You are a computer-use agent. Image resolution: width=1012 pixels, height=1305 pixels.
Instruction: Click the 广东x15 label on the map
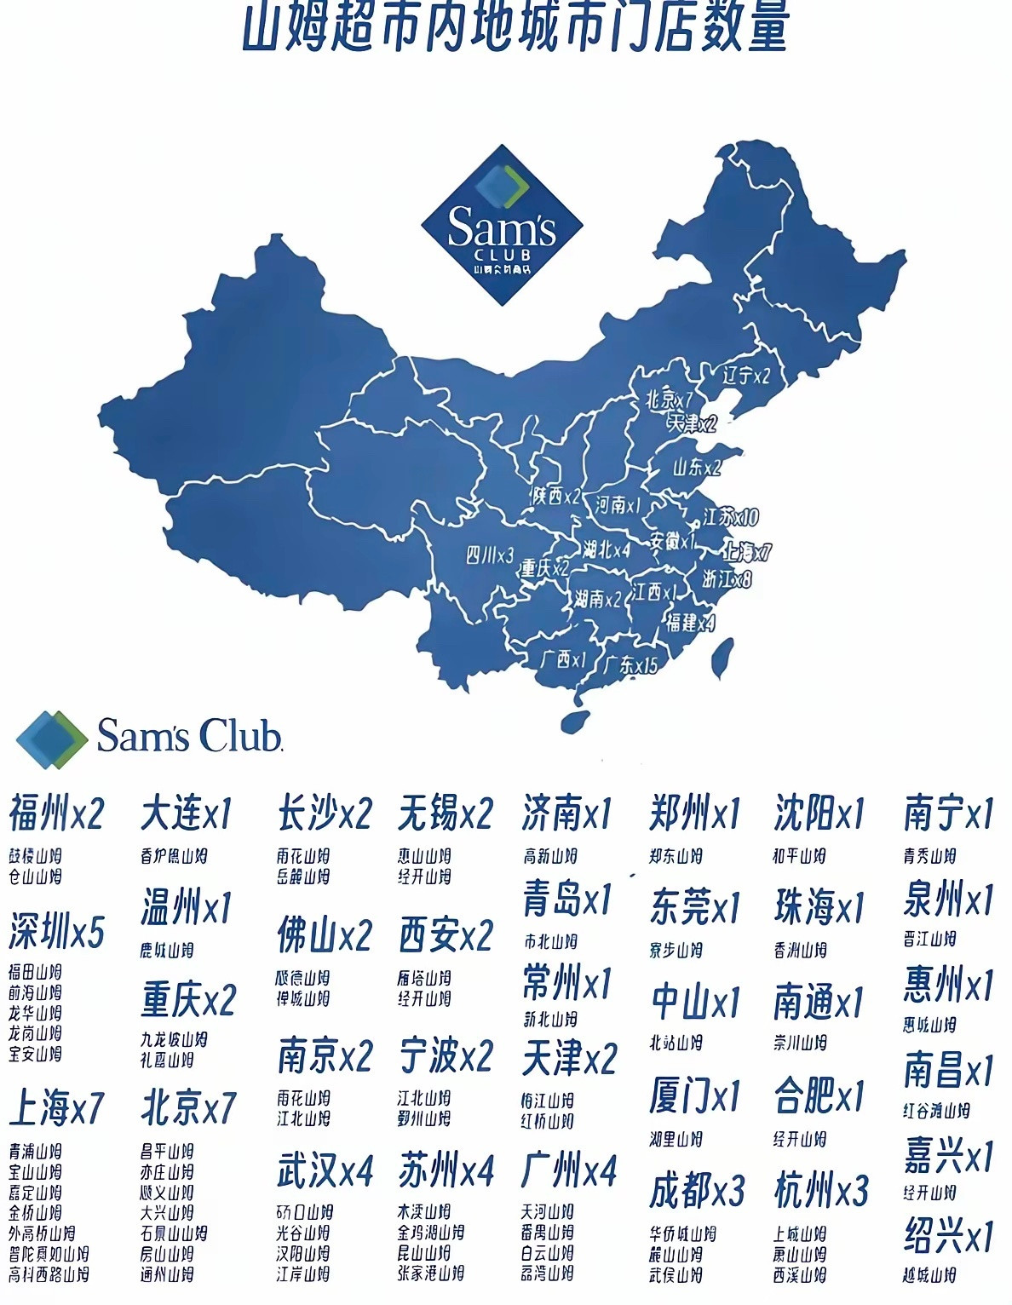(630, 664)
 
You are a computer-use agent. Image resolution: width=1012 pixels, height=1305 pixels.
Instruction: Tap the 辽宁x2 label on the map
(746, 375)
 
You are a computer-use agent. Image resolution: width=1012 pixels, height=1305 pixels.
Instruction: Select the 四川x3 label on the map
(490, 555)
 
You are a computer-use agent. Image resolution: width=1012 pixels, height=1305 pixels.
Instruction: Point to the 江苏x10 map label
(731, 516)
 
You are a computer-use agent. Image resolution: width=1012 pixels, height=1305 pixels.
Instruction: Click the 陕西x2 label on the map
(555, 495)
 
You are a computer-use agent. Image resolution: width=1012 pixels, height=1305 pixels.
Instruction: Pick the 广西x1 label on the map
(564, 658)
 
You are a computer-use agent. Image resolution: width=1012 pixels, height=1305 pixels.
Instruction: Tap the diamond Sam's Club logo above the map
(502, 225)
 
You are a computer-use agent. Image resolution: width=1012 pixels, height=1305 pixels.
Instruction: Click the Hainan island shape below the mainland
(576, 721)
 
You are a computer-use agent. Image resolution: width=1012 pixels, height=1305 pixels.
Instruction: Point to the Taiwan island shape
(722, 658)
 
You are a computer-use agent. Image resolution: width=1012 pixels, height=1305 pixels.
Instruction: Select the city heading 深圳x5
(56, 932)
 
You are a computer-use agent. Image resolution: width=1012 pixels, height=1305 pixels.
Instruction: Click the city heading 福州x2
(56, 813)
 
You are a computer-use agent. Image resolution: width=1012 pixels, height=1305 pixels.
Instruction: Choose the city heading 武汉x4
(325, 1171)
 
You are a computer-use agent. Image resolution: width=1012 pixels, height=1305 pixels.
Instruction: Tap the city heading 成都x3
(697, 1190)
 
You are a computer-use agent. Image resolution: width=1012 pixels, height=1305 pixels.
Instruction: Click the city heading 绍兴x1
(948, 1235)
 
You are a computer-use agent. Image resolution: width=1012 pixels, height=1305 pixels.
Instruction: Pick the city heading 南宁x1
(948, 813)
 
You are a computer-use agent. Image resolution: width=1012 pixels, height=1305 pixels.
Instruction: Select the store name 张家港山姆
(431, 1273)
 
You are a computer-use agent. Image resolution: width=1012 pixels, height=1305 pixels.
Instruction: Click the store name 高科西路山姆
(49, 1275)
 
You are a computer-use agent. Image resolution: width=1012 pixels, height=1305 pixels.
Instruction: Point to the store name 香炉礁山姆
(174, 856)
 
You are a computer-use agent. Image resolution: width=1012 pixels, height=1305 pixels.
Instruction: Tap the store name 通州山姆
(167, 1275)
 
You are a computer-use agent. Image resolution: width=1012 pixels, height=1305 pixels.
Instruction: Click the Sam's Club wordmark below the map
(188, 736)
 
